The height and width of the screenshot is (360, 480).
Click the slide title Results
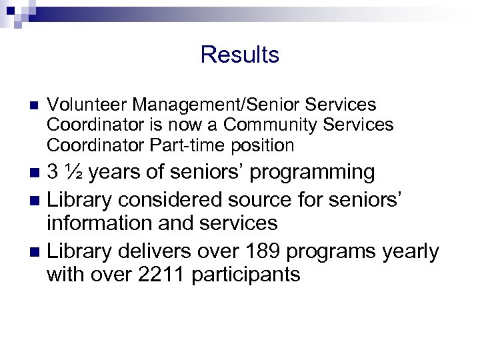coord(239,55)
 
